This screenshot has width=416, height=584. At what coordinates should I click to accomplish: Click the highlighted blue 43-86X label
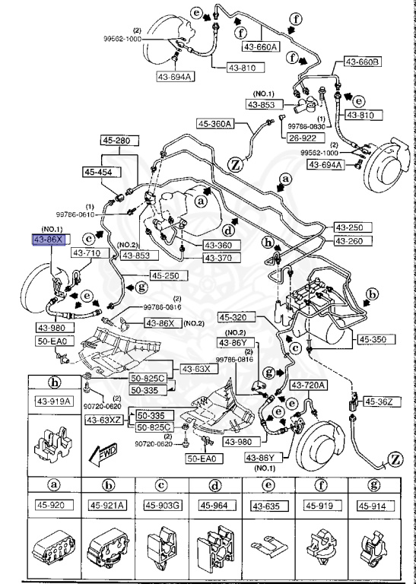46,240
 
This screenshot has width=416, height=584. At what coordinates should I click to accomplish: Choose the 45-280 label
118,141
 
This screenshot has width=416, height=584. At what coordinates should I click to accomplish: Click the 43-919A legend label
55,401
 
